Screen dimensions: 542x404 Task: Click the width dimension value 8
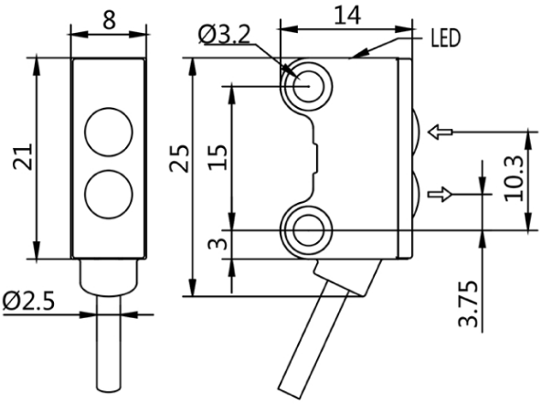coord(109,20)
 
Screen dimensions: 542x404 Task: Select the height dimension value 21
coord(23,156)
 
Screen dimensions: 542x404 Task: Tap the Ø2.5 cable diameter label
coord(28,302)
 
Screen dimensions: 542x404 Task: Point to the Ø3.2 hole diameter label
coord(224,36)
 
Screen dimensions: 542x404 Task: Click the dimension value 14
coord(347,16)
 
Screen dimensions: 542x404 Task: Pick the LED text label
coord(445,38)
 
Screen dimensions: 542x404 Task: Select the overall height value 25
coord(179,158)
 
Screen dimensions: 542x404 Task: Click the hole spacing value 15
coord(218,156)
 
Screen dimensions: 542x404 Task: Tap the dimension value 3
coord(218,244)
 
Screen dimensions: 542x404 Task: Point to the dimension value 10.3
coord(514,178)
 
